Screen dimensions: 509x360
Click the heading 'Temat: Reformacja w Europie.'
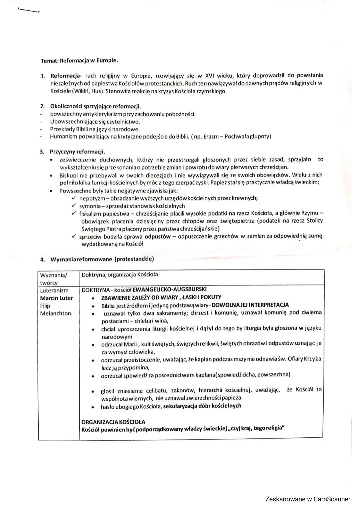79,61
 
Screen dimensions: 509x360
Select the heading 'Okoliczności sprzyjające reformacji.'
95,107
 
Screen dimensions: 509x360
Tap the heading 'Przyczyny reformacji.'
77,152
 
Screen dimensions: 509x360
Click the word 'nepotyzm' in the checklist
90,198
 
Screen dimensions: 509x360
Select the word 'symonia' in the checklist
90,206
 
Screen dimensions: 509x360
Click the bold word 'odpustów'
158,236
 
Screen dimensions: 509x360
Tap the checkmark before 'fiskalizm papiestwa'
74,214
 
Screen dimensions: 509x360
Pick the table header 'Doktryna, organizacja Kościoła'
120,275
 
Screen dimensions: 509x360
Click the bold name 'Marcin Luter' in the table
56,298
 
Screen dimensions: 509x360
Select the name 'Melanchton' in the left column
55,313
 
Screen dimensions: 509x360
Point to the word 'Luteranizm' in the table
54,290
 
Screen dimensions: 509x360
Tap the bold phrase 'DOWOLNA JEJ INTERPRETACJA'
250,305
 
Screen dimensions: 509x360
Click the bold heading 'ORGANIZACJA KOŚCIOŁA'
113,422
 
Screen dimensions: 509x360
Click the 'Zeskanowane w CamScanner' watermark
308,499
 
